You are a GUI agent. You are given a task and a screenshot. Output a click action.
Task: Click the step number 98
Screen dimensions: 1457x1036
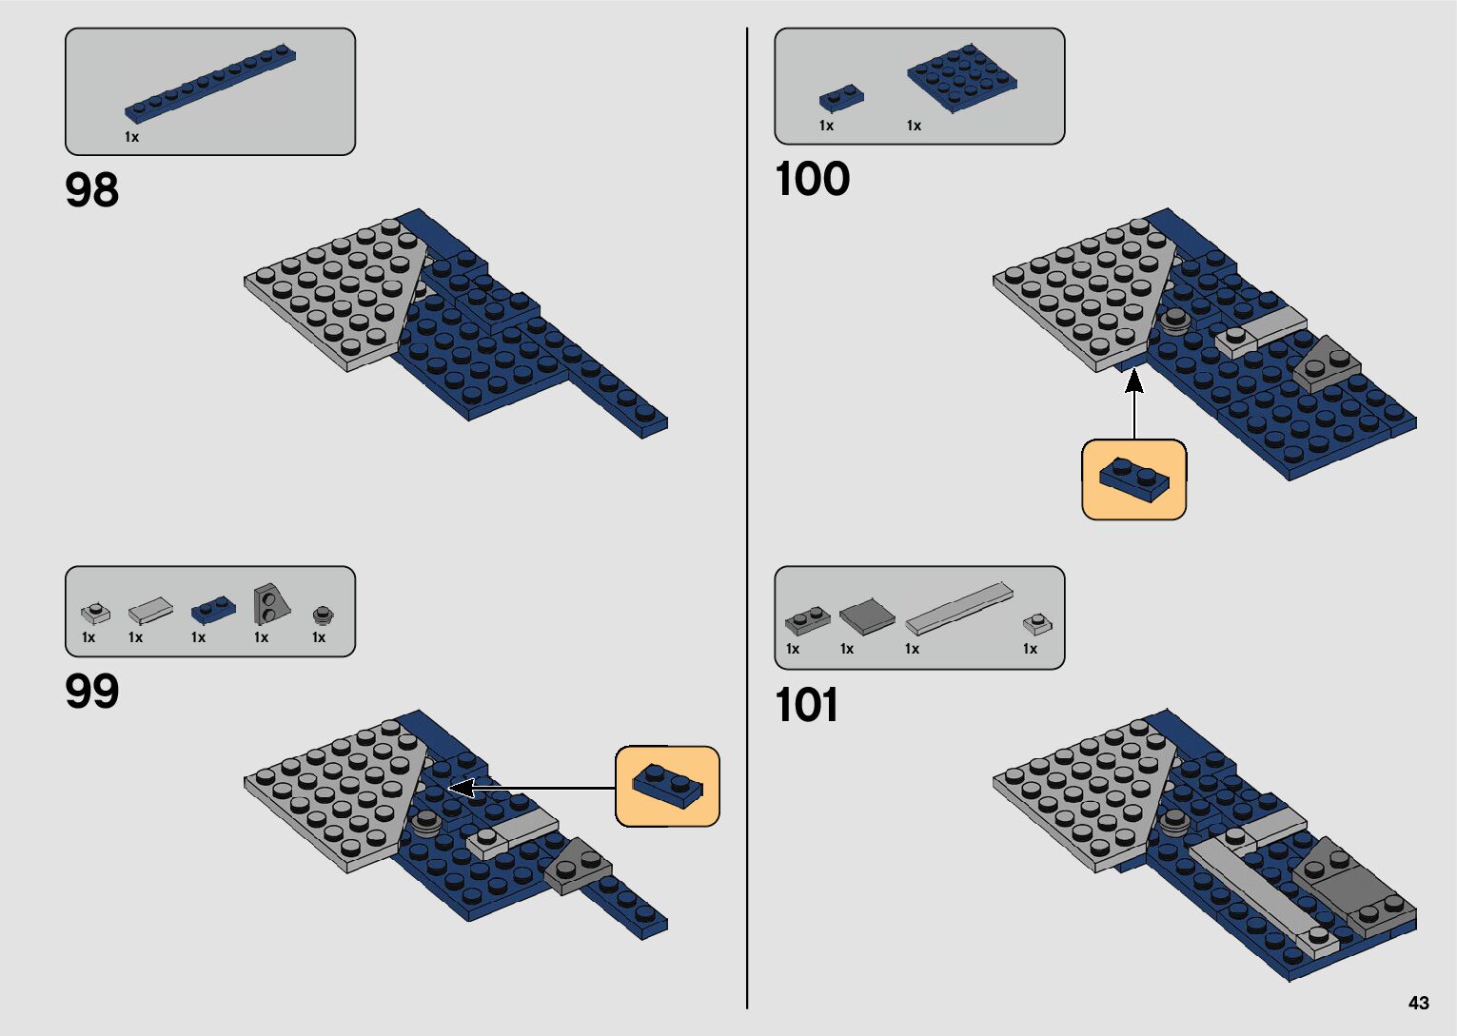pos(92,190)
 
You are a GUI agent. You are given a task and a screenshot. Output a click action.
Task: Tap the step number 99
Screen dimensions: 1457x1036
pos(92,692)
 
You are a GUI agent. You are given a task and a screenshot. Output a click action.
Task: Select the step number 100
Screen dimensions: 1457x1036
pos(812,179)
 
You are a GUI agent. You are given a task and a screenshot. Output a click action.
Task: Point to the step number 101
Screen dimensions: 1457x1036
pos(807,706)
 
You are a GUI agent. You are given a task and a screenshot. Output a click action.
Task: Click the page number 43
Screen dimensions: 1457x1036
pos(1418,1003)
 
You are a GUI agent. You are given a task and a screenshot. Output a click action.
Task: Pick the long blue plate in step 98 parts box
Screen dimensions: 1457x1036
pos(210,84)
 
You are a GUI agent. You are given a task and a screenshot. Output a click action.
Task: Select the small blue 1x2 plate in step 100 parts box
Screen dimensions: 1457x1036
pos(841,97)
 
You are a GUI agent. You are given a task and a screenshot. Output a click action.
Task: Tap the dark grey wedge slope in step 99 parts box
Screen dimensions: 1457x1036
pos(268,603)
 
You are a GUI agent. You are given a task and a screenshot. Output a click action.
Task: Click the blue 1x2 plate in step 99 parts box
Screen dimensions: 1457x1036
pos(213,608)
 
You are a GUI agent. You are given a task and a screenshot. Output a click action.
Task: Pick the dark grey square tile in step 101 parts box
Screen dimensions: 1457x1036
pos(867,616)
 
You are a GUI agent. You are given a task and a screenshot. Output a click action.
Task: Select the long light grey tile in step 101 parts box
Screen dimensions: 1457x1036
pos(958,609)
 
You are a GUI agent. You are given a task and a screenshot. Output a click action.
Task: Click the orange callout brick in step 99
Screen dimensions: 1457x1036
pos(667,786)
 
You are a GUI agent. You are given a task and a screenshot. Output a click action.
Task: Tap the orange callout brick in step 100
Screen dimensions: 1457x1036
pos(1133,479)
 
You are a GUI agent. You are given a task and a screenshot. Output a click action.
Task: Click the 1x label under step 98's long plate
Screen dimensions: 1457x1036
pos(131,137)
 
